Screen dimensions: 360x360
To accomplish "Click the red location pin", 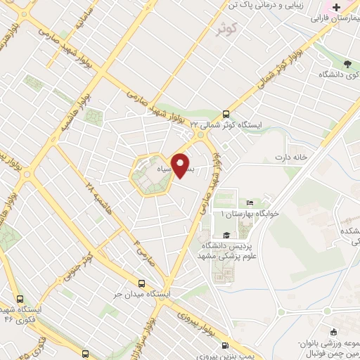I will click(182, 166).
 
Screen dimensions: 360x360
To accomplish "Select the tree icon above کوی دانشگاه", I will click(328, 63).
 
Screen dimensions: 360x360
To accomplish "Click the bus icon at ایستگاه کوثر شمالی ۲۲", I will click(226, 113).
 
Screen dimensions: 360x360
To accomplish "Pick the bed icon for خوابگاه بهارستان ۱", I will click(250, 202).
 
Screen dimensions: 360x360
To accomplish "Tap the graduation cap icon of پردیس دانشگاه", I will click(226, 235).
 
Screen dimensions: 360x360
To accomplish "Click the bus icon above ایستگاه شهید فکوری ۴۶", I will click(20, 298).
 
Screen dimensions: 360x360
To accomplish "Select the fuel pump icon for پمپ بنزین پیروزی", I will click(224, 345).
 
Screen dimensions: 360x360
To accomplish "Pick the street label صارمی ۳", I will click(135, 247).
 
